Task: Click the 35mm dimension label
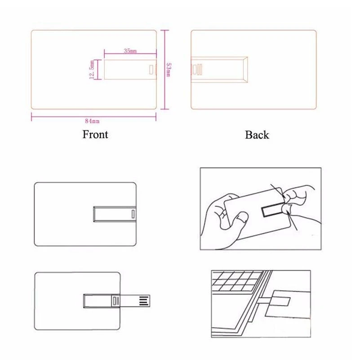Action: click(130, 51)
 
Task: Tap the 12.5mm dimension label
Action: click(92, 70)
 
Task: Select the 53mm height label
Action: click(169, 70)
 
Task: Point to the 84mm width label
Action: click(92, 121)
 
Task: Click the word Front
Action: click(95, 134)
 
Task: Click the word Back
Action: click(257, 135)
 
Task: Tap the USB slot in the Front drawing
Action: click(130, 70)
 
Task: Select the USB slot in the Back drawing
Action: click(219, 70)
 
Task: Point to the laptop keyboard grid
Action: click(236, 281)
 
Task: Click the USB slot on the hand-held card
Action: click(273, 209)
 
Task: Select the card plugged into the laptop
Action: click(288, 304)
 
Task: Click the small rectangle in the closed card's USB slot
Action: click(133, 214)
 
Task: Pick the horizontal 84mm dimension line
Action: click(93, 117)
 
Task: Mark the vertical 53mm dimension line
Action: click(164, 70)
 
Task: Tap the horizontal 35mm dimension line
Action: click(130, 55)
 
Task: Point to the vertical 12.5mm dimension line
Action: click(98, 70)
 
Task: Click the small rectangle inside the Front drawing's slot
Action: click(151, 70)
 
